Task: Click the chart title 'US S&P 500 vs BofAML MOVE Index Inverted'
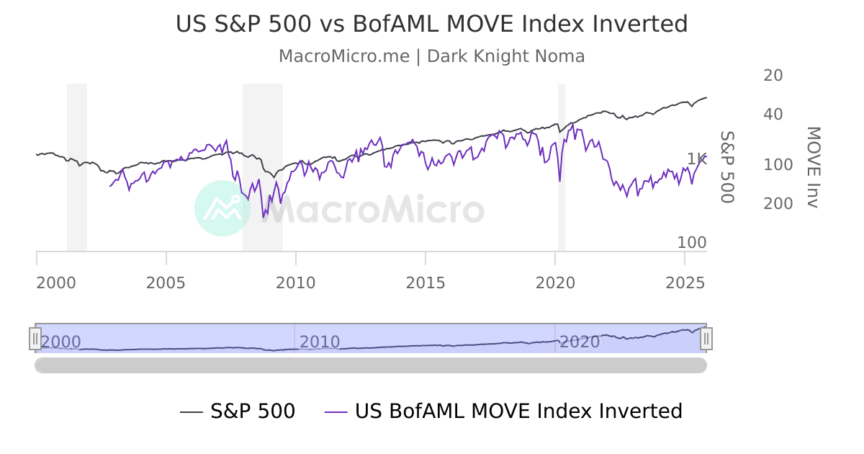click(431, 25)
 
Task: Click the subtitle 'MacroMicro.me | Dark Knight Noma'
click(431, 56)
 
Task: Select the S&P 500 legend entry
click(238, 411)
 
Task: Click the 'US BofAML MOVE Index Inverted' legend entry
click(503, 411)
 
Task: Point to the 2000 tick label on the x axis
click(56, 283)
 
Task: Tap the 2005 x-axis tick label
click(166, 283)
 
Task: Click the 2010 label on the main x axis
click(296, 283)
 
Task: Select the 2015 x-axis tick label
click(426, 283)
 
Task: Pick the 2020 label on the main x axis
click(555, 283)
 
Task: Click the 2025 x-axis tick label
click(685, 283)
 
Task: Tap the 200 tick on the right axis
click(778, 204)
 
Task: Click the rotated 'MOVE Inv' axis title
click(812, 167)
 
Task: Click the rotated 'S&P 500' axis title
click(726, 167)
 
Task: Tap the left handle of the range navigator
click(35, 338)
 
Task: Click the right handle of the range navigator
click(706, 338)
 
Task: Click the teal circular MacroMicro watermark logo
click(222, 208)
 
